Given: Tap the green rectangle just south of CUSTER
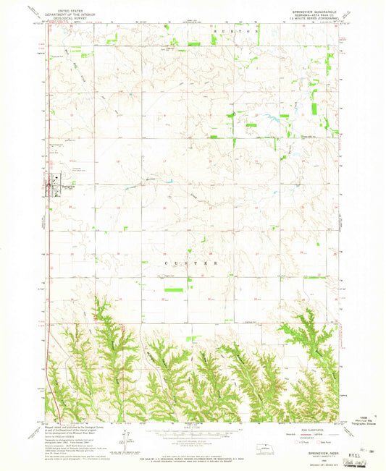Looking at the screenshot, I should coord(173,289).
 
